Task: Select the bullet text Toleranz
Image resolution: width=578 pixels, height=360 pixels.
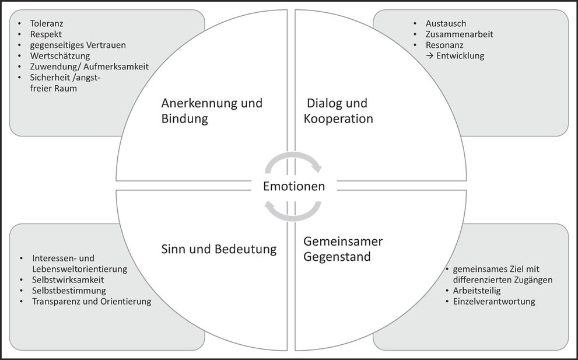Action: pyautogui.click(x=47, y=24)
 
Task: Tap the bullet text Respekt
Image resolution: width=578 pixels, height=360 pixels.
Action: pyautogui.click(x=47, y=34)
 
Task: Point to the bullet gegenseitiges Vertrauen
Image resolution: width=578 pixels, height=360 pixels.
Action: pyautogui.click(x=78, y=45)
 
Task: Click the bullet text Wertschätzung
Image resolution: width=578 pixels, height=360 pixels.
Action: pyautogui.click(x=61, y=55)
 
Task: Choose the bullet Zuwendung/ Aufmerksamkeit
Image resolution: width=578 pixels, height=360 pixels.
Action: pyautogui.click(x=90, y=67)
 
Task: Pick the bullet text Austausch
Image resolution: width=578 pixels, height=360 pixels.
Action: pyautogui.click(x=446, y=24)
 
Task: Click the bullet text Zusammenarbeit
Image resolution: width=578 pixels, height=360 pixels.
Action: pyautogui.click(x=460, y=34)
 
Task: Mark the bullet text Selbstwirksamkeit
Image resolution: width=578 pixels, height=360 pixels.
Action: pyautogui.click(x=68, y=280)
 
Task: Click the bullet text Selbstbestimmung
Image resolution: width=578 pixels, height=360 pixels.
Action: pyautogui.click(x=69, y=291)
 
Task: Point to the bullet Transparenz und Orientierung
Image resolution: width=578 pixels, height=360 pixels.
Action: pyautogui.click(x=92, y=301)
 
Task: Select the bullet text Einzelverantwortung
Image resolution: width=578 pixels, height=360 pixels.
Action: pyautogui.click(x=493, y=301)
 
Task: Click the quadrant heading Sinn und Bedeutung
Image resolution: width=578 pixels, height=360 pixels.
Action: pyautogui.click(x=219, y=249)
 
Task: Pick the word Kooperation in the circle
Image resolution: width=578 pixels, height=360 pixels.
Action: pyautogui.click(x=338, y=119)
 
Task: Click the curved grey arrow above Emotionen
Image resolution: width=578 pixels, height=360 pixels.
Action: pyautogui.click(x=293, y=162)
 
